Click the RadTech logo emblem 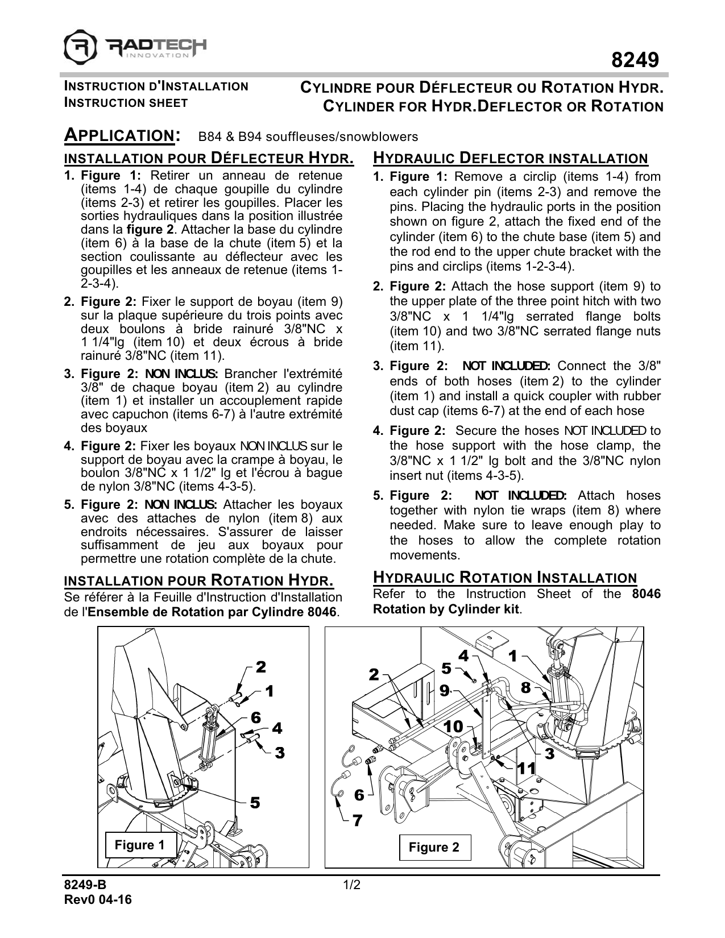click(80, 48)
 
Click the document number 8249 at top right click(635, 60)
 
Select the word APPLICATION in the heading click(120, 136)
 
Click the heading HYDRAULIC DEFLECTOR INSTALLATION click(510, 159)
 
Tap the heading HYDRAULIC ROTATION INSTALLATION click(504, 578)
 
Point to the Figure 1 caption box click(139, 845)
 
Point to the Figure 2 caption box click(434, 848)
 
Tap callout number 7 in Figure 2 click(357, 821)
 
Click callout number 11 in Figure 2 click(527, 769)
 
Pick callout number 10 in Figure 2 click(453, 727)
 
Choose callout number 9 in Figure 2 click(444, 691)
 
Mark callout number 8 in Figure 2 click(525, 688)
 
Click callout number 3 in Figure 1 click(279, 753)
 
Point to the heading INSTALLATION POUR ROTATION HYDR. click(198, 580)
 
